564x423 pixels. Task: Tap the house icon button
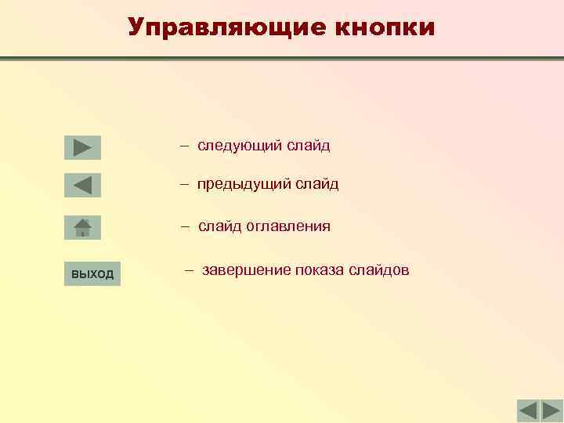tap(82, 227)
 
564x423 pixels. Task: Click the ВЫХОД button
tap(92, 273)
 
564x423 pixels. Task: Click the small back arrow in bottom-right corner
tap(528, 410)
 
